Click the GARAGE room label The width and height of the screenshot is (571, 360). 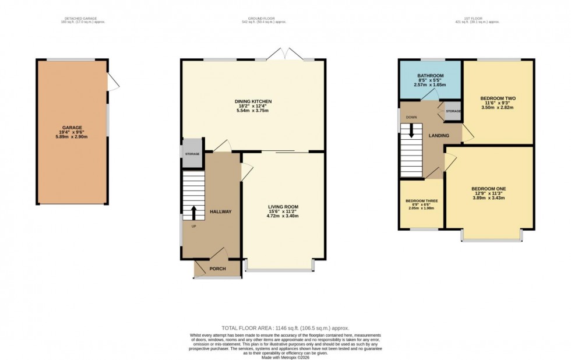[x=72, y=127]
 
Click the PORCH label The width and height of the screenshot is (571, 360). [x=217, y=269]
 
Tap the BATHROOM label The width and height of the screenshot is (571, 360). [x=430, y=76]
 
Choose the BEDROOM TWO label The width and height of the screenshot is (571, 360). [x=498, y=98]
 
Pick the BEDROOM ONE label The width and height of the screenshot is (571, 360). [x=488, y=188]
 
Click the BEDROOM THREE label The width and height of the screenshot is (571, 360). [x=422, y=201]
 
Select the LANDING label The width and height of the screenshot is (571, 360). [x=439, y=136]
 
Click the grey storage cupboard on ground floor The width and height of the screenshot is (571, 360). [x=192, y=154]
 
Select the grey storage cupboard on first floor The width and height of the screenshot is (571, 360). [x=453, y=111]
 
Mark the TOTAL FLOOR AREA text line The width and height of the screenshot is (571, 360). [x=285, y=329]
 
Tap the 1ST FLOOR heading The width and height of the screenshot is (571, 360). [x=477, y=19]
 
